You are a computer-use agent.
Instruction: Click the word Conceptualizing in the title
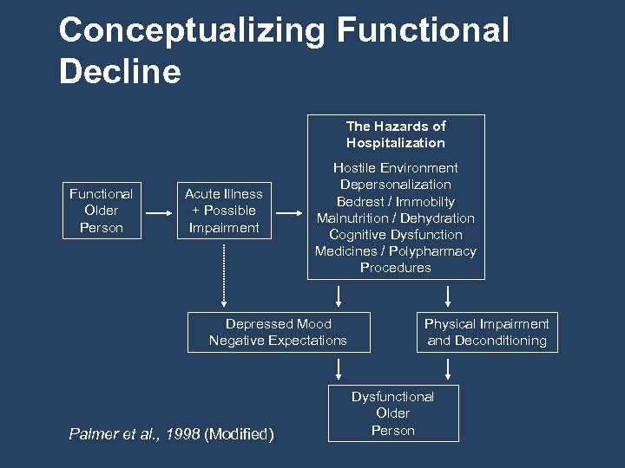[x=192, y=31]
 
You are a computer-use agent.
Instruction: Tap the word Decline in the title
[x=120, y=72]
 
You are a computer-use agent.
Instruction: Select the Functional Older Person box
[x=101, y=211]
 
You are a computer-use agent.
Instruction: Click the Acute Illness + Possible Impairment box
[x=223, y=211]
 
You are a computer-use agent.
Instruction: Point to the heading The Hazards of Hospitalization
[x=396, y=134]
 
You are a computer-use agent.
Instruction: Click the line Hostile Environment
[x=396, y=168]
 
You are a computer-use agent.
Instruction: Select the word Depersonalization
[x=396, y=185]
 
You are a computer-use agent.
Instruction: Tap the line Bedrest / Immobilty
[x=396, y=201]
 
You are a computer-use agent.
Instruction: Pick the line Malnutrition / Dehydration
[x=396, y=218]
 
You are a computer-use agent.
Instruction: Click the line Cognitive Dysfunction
[x=396, y=234]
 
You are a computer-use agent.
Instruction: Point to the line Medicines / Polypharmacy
[x=396, y=251]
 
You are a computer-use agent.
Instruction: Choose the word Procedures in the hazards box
[x=396, y=268]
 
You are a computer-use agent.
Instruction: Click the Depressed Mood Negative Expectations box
[x=278, y=332]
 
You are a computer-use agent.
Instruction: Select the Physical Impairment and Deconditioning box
[x=486, y=332]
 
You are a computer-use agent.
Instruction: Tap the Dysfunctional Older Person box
[x=393, y=413]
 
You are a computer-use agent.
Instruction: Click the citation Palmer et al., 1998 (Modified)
[x=171, y=433]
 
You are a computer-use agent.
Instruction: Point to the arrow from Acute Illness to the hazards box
[x=288, y=211]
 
